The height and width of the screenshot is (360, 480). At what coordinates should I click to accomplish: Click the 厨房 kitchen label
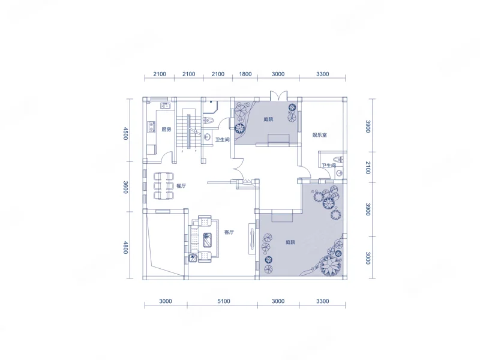166,130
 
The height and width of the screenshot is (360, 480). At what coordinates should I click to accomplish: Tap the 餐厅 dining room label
181,186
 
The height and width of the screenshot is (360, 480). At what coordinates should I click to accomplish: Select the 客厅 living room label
229,232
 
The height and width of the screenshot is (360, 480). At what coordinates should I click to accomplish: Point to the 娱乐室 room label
320,135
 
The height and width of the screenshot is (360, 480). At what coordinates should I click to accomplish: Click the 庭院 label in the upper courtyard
268,119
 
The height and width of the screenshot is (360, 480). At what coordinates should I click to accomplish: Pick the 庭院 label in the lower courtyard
290,242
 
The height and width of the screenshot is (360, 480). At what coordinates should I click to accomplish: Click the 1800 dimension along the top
245,74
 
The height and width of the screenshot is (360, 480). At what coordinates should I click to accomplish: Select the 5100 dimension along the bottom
223,301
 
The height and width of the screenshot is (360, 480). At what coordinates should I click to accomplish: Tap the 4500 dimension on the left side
125,133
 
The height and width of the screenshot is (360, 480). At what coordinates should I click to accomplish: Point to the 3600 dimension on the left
125,187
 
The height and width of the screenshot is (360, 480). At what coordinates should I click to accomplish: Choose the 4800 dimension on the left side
125,247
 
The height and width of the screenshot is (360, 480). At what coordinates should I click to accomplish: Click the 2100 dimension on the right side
368,168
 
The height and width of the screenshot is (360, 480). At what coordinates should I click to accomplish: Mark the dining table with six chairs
164,186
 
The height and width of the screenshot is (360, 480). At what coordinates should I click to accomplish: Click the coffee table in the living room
208,239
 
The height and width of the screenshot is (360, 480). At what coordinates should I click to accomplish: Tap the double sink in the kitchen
166,106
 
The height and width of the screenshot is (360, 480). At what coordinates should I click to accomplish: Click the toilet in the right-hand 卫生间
339,160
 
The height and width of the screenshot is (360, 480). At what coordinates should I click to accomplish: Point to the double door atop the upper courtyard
278,95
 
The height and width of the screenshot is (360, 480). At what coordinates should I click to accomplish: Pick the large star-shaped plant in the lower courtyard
331,265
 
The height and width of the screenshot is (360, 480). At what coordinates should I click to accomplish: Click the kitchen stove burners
151,127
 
